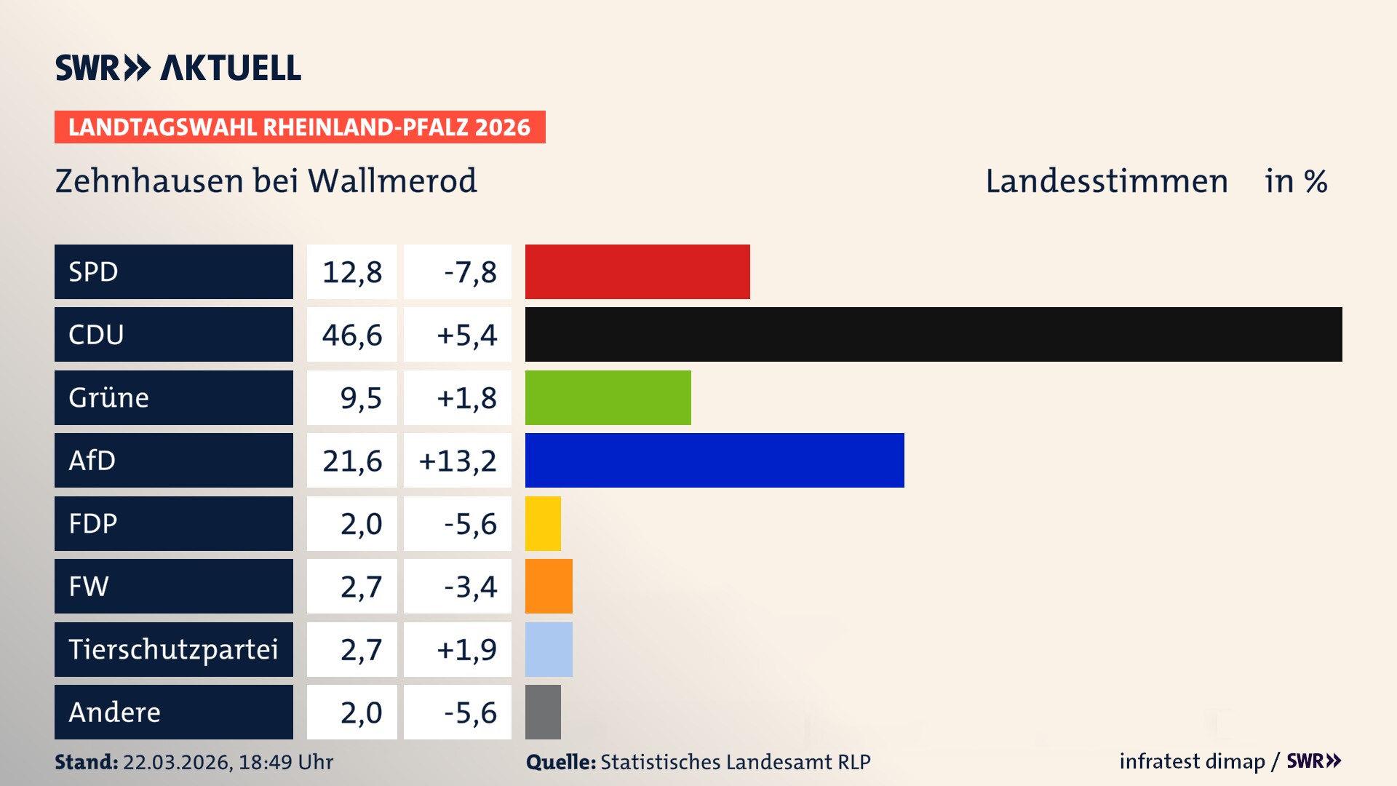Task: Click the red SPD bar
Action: pos(637,271)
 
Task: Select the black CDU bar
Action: pos(934,334)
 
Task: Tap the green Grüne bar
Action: pos(608,397)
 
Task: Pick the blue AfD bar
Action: pos(715,460)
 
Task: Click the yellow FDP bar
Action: pos(543,523)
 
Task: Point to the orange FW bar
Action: pos(549,586)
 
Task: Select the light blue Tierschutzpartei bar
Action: pos(549,649)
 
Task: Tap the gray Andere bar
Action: pos(543,712)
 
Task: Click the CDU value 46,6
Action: pos(352,335)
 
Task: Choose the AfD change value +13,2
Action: pos(458,461)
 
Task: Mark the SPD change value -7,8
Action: pos(470,272)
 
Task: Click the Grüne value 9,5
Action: pos(361,398)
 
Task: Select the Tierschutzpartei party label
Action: pos(173,649)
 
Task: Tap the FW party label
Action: pos(89,586)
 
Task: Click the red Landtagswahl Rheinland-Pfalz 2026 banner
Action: pos(300,127)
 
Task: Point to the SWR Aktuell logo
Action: pos(178,68)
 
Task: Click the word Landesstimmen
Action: pos(1106,181)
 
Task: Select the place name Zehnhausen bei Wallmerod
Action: pos(266,181)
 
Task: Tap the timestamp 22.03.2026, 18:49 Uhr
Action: pos(228,762)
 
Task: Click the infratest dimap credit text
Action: pos(1192,761)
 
